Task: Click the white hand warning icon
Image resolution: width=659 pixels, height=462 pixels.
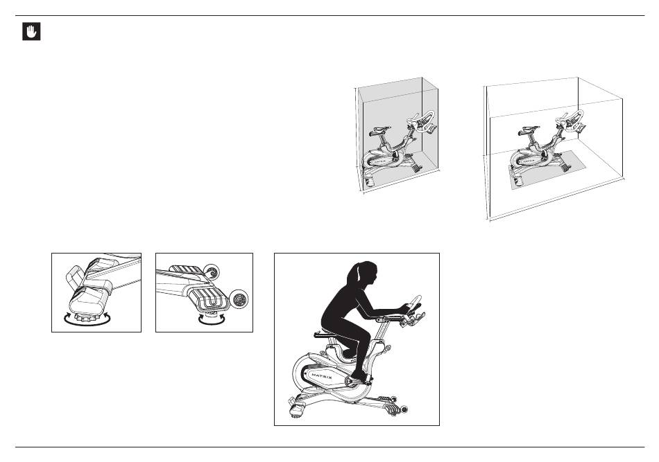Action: tap(31, 31)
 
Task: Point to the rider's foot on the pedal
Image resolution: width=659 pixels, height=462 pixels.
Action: tap(360, 375)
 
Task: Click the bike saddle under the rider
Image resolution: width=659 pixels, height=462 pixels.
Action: tap(325, 335)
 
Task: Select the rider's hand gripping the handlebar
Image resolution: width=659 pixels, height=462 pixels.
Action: tap(404, 309)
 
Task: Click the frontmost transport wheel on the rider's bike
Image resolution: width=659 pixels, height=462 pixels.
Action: tap(404, 409)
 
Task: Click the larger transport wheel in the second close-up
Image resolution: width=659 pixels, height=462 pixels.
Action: tap(240, 299)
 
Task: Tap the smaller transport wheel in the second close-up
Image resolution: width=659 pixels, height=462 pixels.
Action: tap(212, 272)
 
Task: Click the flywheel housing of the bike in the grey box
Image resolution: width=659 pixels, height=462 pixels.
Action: tap(378, 159)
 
